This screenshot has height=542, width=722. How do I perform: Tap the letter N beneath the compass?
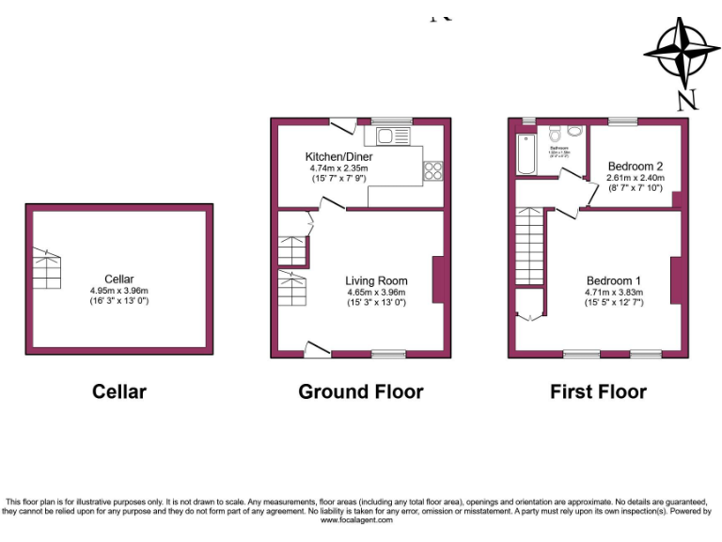pos(687,99)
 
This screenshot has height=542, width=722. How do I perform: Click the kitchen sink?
pos(394,138)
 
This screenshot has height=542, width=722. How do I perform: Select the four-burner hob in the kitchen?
pos(434,170)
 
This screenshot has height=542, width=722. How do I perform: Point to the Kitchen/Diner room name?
pos(338,156)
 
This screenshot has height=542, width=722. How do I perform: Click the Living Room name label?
pos(376,280)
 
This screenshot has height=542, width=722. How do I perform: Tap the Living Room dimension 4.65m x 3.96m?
pos(376,292)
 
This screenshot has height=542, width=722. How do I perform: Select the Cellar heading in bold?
pos(119,391)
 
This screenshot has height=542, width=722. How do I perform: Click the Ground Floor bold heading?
pos(361,391)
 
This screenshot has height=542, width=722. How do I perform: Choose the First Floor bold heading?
pos(598,391)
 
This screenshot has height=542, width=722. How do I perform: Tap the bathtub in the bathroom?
pos(526,153)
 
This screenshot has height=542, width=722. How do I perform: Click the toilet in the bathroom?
pos(555,132)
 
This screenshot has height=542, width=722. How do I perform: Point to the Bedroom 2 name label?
pos(636,167)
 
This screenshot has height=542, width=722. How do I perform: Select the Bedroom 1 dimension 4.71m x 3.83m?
pos(614,292)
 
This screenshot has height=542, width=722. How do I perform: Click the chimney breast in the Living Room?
pos(438,279)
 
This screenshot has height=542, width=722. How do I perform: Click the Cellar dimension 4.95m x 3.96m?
pos(119,291)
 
